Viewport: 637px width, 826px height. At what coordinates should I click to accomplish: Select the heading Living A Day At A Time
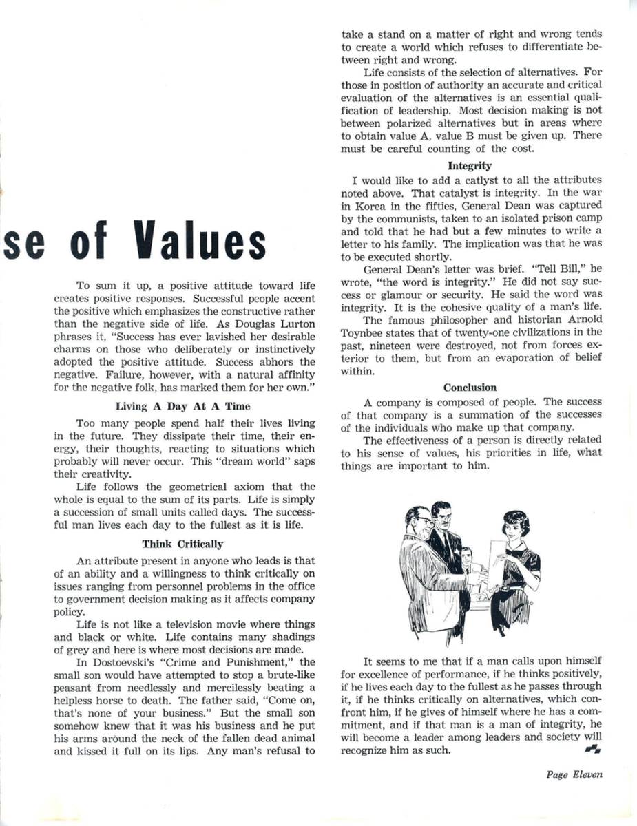tap(182, 407)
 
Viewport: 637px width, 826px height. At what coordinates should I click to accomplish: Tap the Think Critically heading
tap(182, 544)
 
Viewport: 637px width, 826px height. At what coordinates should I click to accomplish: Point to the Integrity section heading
tap(470, 166)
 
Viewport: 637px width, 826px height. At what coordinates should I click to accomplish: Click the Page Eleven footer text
tap(574, 774)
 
